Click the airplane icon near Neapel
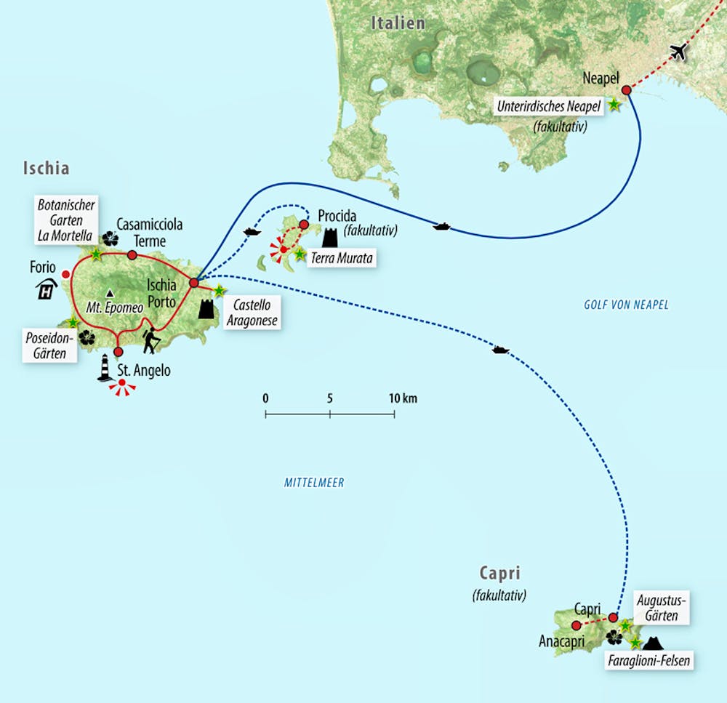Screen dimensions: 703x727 (x=679, y=52)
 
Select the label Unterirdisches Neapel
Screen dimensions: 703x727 (x=549, y=106)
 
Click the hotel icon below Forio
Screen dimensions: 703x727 (x=48, y=290)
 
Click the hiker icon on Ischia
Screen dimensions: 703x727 (x=150, y=341)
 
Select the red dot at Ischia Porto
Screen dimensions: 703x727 (x=194, y=283)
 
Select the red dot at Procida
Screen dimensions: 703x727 (x=304, y=223)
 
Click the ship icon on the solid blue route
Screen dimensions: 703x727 (x=441, y=227)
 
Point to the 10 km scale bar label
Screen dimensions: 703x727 (x=403, y=398)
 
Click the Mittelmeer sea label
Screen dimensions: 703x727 (x=314, y=482)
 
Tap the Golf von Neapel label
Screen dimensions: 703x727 (x=626, y=305)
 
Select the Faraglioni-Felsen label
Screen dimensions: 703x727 (x=648, y=661)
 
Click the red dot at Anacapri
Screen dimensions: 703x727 (x=576, y=625)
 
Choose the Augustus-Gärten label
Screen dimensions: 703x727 (x=661, y=608)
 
